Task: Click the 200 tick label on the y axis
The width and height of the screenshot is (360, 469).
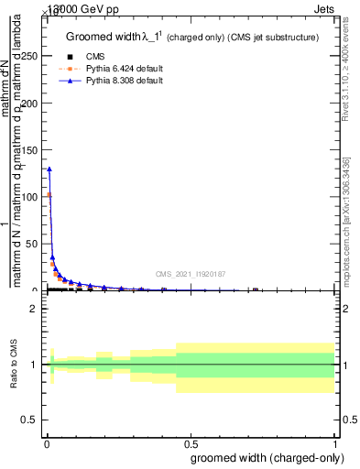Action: point(31,103)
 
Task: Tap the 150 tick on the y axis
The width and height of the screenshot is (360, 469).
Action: point(31,149)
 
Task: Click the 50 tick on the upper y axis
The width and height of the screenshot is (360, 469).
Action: point(33,243)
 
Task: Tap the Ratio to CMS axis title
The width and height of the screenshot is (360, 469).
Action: point(15,364)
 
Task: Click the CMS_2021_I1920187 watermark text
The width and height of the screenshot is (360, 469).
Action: point(190,274)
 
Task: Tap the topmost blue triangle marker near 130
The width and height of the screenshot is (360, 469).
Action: point(49,169)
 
